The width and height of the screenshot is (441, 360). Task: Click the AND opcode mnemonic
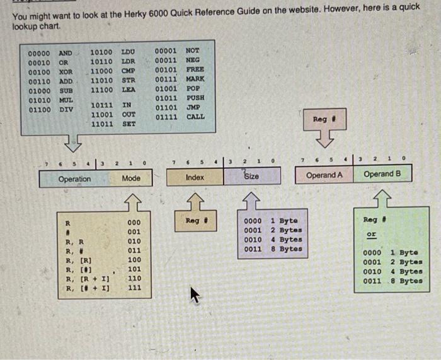click(x=66, y=53)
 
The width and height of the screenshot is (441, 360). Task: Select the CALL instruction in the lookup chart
click(x=195, y=117)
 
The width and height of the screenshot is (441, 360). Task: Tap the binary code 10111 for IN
click(x=101, y=105)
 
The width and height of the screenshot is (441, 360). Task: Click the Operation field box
click(x=74, y=179)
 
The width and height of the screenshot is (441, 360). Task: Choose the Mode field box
click(x=131, y=178)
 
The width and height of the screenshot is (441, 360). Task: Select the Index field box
click(x=195, y=177)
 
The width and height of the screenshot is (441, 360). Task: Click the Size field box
click(x=251, y=177)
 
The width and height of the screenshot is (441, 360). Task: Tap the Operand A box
click(x=324, y=175)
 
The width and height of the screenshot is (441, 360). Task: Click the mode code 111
click(x=134, y=288)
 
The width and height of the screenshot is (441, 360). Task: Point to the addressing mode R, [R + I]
click(x=88, y=279)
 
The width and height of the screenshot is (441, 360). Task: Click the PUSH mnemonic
click(x=195, y=98)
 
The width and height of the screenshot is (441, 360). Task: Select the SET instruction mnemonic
click(x=129, y=124)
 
